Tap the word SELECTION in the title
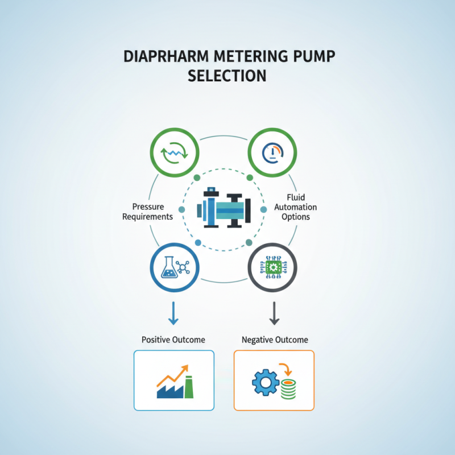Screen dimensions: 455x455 [x=227, y=75]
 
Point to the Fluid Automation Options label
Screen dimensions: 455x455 [x=295, y=207]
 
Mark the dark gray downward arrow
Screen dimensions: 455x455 [x=274, y=314]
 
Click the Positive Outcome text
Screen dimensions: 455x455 [x=173, y=340]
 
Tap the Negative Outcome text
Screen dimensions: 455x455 [x=275, y=340]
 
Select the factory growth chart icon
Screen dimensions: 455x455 [x=174, y=380]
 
